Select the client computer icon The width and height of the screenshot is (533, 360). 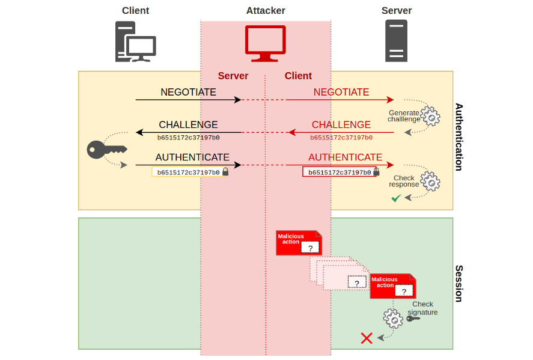[135, 41]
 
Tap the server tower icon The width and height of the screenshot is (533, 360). [396, 41]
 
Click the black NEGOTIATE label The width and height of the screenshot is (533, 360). [188, 92]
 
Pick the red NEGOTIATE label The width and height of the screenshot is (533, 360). [341, 92]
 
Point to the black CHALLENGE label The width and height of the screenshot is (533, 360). [188, 125]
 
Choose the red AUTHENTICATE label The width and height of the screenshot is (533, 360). [345, 157]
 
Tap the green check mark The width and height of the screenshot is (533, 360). [396, 198]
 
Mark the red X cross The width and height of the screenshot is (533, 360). [367, 338]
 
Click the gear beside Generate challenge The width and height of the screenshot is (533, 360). [430, 115]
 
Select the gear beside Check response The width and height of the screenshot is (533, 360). [430, 180]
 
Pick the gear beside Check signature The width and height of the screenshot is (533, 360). [393, 318]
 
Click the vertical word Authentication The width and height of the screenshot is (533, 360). [459, 137]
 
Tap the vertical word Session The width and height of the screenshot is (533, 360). [459, 283]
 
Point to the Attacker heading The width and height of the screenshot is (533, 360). [266, 11]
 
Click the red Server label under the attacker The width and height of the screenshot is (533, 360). [233, 76]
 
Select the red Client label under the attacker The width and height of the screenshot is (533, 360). [298, 76]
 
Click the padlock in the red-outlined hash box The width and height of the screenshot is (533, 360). [376, 172]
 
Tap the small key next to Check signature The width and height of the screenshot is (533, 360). [413, 318]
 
